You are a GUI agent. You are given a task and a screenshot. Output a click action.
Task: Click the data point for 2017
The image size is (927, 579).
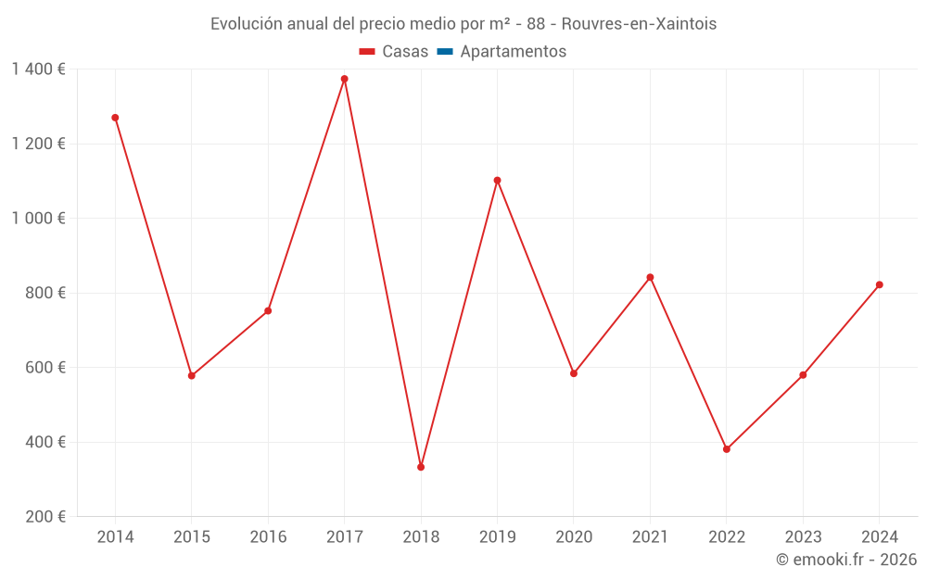pyautogui.click(x=344, y=79)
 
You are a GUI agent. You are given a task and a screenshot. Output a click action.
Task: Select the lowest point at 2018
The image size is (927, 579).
pyautogui.click(x=421, y=467)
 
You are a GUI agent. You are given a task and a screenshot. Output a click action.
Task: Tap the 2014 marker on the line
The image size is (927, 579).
pyautogui.click(x=115, y=118)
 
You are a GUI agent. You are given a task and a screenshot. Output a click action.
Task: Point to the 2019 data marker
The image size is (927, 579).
pyautogui.click(x=497, y=181)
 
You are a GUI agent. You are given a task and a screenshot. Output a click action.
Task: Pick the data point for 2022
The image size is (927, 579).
pyautogui.click(x=727, y=449)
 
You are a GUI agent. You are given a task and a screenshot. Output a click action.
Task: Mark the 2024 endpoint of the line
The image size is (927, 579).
pyautogui.click(x=880, y=284)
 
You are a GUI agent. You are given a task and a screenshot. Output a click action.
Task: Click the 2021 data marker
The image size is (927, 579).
pyautogui.click(x=650, y=277)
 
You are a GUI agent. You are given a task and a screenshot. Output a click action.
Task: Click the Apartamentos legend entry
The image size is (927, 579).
pyautogui.click(x=513, y=52)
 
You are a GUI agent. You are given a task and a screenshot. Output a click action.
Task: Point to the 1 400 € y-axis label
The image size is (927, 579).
pyautogui.click(x=38, y=69)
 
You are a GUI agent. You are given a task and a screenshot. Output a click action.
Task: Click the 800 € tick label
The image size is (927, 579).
pyautogui.click(x=44, y=293)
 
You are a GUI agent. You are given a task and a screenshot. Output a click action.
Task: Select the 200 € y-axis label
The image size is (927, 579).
pyautogui.click(x=44, y=516)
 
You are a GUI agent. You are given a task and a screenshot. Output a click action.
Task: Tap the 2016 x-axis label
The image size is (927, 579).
pyautogui.click(x=268, y=537)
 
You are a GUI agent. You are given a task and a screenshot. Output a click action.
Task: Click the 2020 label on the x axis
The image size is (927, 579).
pyautogui.click(x=574, y=537)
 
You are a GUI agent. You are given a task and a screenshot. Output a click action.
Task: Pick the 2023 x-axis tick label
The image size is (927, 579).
pyautogui.click(x=803, y=537)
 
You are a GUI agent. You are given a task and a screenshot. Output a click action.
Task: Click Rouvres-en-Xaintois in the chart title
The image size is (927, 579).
pyautogui.click(x=639, y=24)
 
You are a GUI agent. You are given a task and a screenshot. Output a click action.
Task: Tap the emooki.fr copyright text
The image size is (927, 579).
pyautogui.click(x=846, y=560)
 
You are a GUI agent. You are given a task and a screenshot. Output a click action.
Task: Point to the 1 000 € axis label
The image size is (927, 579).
pyautogui.click(x=38, y=219)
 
